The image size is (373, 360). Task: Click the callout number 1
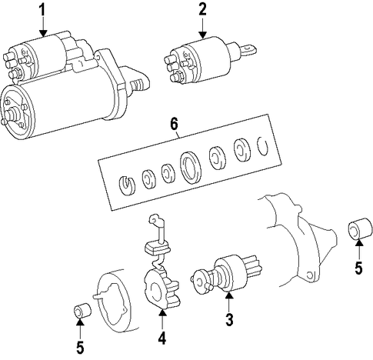point(42,11)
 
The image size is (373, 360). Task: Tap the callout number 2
point(202,10)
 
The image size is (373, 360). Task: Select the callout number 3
point(229,319)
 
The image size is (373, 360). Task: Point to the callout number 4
point(162,338)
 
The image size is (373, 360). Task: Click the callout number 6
point(174,125)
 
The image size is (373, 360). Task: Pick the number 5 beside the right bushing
point(358,268)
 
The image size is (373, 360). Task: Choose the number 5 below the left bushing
point(80,348)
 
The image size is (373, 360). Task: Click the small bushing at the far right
point(360,228)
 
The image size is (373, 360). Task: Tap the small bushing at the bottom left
point(82,310)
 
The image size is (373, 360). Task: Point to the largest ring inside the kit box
point(191,168)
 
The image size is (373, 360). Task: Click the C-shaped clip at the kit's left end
point(127,185)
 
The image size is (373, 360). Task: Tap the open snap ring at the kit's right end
point(262,145)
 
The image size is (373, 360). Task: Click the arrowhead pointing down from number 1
point(43,33)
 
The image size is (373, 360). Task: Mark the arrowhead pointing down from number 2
point(202,35)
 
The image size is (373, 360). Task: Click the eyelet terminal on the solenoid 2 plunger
point(248,50)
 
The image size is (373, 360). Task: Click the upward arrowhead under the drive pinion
point(229,295)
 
